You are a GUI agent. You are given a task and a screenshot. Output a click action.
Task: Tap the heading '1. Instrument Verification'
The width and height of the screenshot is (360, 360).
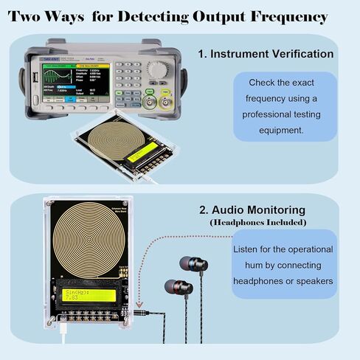click(x=266, y=55)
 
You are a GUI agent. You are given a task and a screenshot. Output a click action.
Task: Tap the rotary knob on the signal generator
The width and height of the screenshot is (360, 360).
click(x=159, y=68)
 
